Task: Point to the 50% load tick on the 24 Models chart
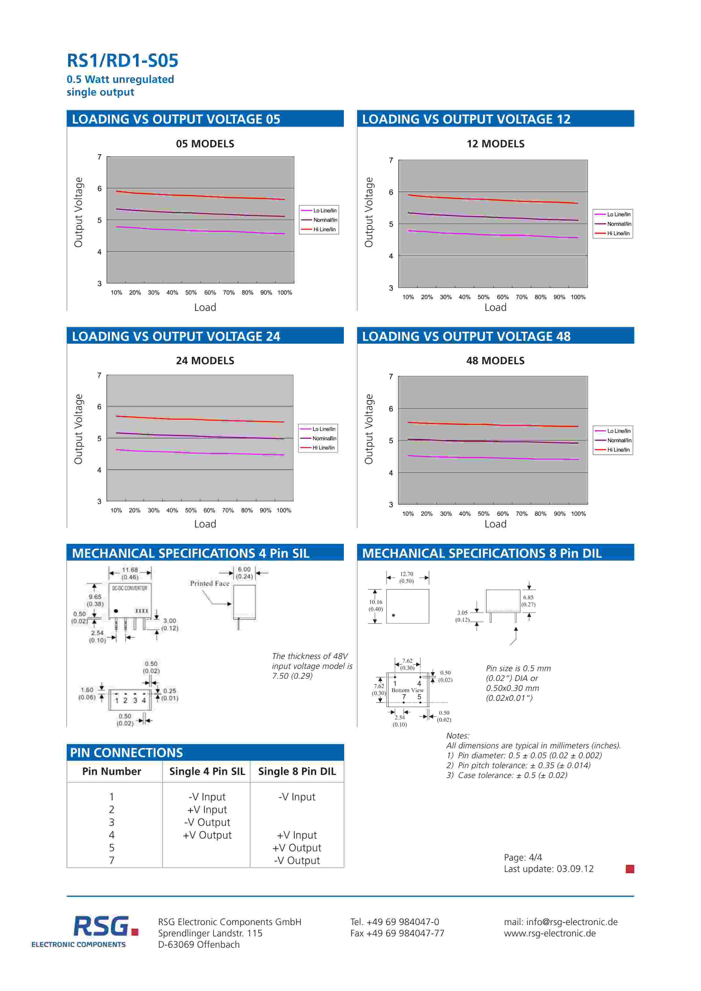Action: (191, 510)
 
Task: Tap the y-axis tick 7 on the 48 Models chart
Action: (391, 376)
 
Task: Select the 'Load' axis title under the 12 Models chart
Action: (495, 307)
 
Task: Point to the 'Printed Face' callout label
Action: (210, 583)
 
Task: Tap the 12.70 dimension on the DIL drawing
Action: (407, 574)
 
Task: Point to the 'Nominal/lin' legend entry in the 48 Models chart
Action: (619, 440)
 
